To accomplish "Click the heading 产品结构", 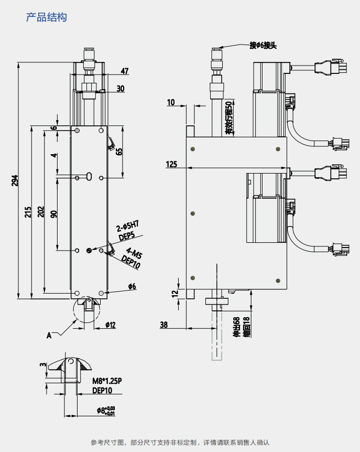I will [x=47, y=17].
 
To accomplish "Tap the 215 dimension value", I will [x=28, y=211].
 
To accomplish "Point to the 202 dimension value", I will [x=41, y=211].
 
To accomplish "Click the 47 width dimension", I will [x=124, y=71].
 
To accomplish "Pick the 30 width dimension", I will [x=121, y=89].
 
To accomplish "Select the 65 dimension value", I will [x=119, y=152].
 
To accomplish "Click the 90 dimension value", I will [x=53, y=214].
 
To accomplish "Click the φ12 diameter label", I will [x=110, y=325].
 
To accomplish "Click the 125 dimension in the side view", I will [x=171, y=164].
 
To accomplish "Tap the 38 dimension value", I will [x=164, y=325].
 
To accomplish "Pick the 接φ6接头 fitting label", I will [x=263, y=46].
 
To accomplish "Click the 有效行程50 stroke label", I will [x=228, y=119].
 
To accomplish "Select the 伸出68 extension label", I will [x=236, y=326].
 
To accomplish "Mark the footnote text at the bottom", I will [x=180, y=442].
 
